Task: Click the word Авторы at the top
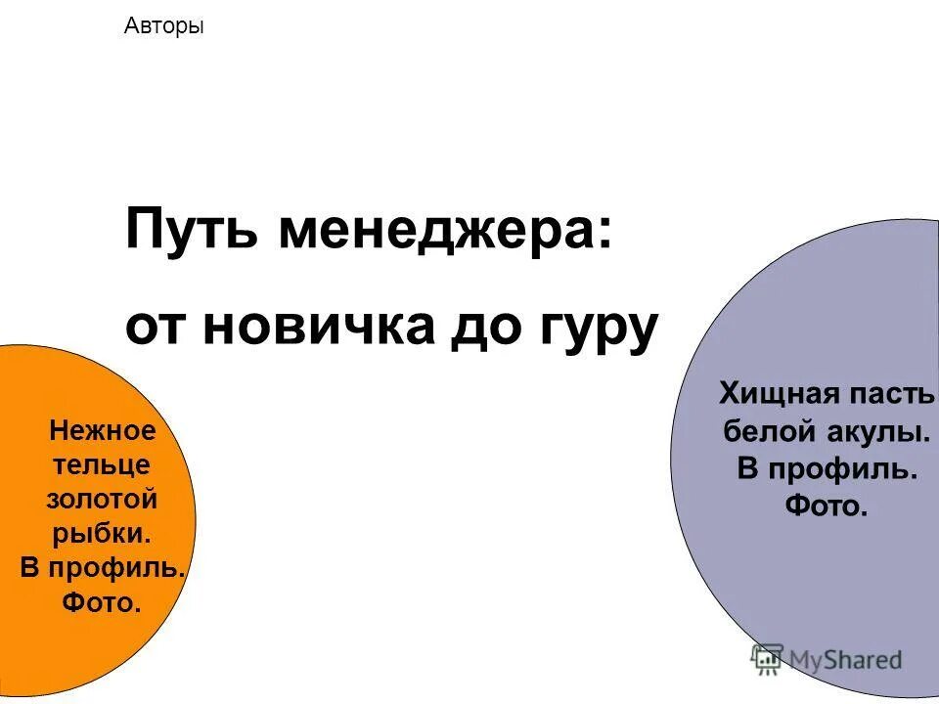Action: coord(164,26)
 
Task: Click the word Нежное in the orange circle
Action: coord(103,430)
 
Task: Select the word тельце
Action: coord(102,464)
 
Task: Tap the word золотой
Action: coord(102,499)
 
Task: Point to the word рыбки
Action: coord(102,534)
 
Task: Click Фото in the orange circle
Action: coord(102,602)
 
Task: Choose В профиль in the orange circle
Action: coord(102,568)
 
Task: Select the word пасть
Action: coord(892,394)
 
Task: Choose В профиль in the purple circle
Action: coord(827,468)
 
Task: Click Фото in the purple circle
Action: coord(827,506)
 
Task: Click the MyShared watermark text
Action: coord(846,660)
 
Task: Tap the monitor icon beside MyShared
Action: coord(768,659)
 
